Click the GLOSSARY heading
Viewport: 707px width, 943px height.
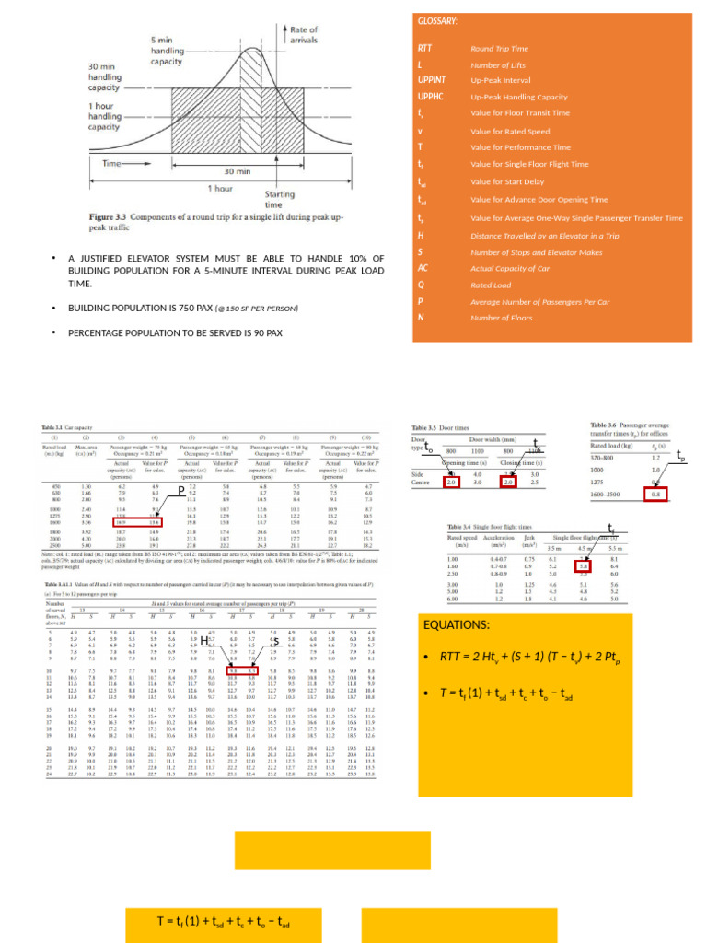tap(438, 21)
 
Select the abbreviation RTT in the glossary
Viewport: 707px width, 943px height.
tap(424, 47)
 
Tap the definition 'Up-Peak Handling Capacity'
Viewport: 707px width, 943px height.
tap(518, 97)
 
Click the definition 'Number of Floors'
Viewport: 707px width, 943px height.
tap(502, 318)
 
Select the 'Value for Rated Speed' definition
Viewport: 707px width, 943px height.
tap(510, 131)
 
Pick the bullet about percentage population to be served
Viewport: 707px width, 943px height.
tap(175, 332)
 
